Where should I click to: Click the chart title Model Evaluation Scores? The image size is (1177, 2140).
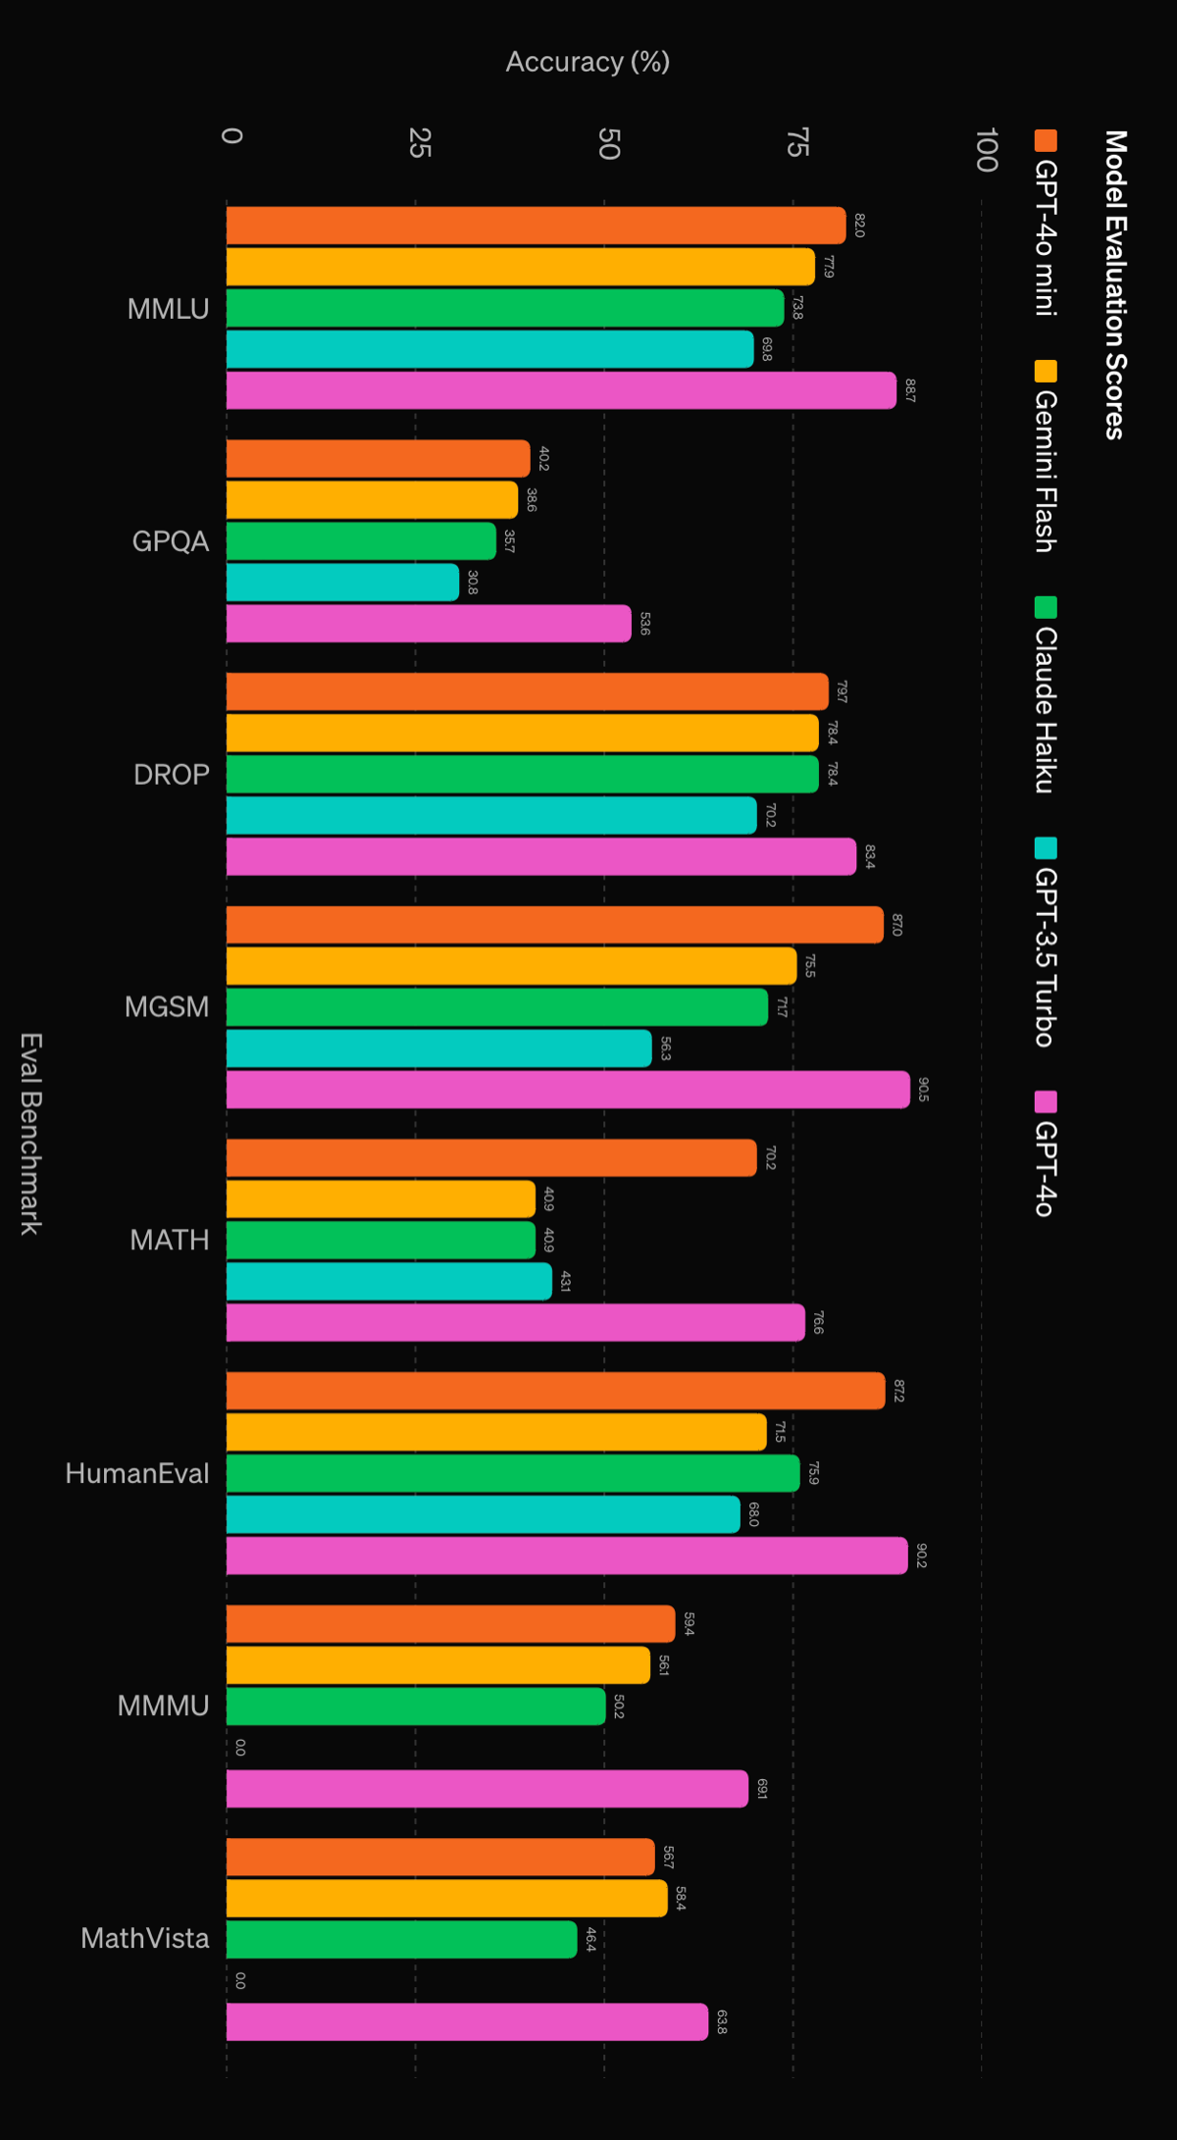point(1115,284)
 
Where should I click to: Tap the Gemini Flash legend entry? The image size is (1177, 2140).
point(1046,457)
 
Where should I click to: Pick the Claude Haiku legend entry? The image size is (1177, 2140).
point(1046,695)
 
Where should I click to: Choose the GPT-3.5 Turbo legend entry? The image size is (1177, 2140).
point(1046,943)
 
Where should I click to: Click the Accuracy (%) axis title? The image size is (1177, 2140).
point(588,62)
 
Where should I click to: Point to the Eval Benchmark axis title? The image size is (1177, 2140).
point(31,1133)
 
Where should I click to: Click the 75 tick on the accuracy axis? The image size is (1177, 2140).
point(797,142)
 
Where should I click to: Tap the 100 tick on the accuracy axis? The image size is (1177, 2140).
point(987,149)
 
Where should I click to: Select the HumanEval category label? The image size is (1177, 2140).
point(137,1473)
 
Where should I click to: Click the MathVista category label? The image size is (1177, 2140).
point(145,1938)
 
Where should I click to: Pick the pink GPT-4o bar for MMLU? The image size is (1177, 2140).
point(561,390)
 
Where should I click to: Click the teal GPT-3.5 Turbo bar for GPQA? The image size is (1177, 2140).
point(342,583)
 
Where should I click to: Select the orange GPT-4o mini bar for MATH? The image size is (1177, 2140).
point(491,1157)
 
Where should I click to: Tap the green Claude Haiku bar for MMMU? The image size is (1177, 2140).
point(416,1707)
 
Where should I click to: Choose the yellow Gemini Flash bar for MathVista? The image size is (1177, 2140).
point(446,1898)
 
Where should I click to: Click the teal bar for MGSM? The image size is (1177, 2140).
point(438,1048)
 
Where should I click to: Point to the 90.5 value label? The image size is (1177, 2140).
point(923,1090)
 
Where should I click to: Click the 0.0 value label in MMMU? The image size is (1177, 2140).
point(240,1748)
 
